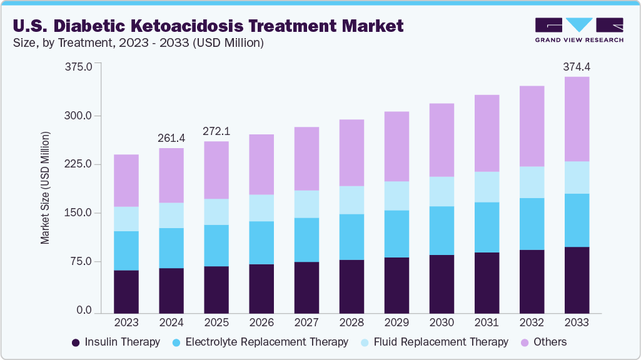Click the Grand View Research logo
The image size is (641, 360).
point(579,30)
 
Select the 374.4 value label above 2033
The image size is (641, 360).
point(576,66)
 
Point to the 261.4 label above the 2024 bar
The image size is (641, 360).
point(171,137)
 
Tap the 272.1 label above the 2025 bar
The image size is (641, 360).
point(216,131)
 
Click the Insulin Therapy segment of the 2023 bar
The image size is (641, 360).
point(126,291)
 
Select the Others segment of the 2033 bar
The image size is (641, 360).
point(576,119)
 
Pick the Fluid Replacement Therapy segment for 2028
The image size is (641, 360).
point(351,200)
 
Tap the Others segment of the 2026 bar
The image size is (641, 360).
point(261,164)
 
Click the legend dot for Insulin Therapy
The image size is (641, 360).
point(76,342)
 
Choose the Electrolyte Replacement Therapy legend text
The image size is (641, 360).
point(266,342)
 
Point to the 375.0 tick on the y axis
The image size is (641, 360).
point(78,67)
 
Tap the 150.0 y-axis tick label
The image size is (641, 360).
point(78,213)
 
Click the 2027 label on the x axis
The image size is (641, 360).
point(306,323)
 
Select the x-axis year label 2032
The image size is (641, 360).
point(531,323)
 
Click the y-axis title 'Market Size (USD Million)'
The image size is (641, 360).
point(45,187)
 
